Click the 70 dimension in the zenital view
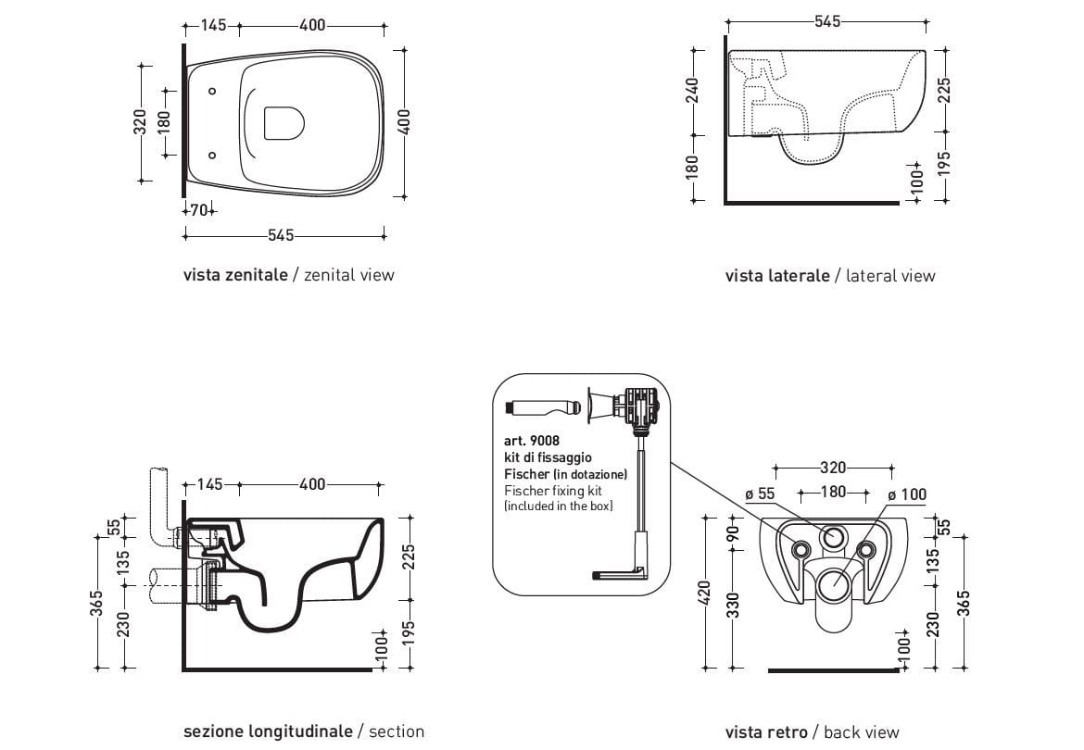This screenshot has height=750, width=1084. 197,210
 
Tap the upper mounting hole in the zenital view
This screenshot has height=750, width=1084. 212,91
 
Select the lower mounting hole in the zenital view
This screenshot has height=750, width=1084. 212,155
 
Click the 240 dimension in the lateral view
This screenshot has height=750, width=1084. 691,90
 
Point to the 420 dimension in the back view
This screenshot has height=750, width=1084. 704,593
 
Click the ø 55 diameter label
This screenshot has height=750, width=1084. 760,494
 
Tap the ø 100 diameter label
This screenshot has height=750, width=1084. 907,494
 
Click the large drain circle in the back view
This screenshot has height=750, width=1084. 833,583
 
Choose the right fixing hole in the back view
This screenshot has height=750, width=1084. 866,550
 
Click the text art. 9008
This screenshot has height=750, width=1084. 532,442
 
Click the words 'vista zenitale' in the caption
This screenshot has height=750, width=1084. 235,274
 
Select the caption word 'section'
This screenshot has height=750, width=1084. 396,731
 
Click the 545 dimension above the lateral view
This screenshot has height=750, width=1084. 826,21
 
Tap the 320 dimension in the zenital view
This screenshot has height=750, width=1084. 140,121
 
